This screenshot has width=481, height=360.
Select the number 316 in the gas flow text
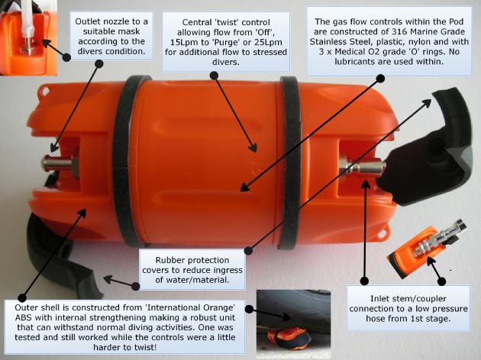pos(398,31)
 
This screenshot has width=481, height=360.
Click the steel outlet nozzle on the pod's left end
pos(60,164)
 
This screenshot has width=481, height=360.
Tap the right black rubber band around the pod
pos(290,162)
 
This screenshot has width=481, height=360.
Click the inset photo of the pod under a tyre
pos(293,324)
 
